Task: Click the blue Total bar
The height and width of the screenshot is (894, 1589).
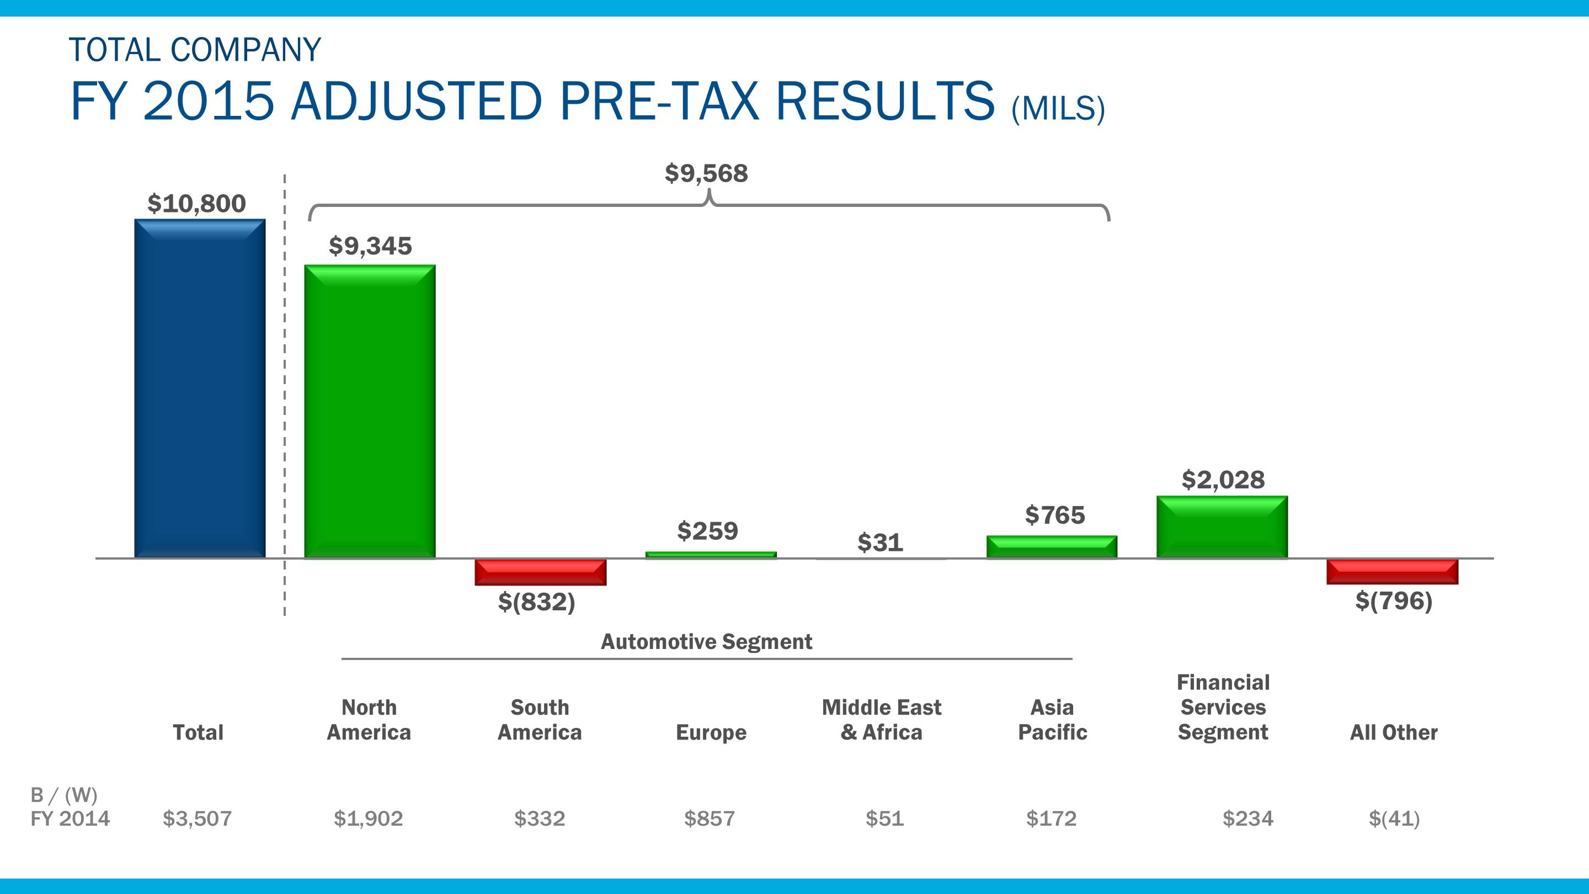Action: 200,389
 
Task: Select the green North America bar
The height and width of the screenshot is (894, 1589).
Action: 370,412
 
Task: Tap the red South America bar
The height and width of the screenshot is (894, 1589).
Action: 540,572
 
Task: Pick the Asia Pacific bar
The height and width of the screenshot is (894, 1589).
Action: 1052,547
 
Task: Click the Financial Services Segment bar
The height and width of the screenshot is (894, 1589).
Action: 1222,527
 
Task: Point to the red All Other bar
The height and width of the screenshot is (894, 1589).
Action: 1393,571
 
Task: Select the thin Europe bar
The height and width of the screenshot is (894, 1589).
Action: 711,555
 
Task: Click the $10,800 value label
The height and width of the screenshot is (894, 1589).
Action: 197,204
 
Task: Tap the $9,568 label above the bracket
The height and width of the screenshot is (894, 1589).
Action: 706,173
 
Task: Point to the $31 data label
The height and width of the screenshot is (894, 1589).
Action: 880,543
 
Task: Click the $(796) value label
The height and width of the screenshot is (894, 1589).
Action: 1394,600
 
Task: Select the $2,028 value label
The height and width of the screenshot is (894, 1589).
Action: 1223,480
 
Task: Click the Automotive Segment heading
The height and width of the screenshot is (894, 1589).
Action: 706,642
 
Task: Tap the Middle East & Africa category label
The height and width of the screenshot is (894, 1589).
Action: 882,720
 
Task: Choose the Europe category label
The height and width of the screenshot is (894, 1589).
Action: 711,732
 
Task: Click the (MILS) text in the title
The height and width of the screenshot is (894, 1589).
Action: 1058,109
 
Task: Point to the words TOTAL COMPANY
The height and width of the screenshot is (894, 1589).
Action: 195,50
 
